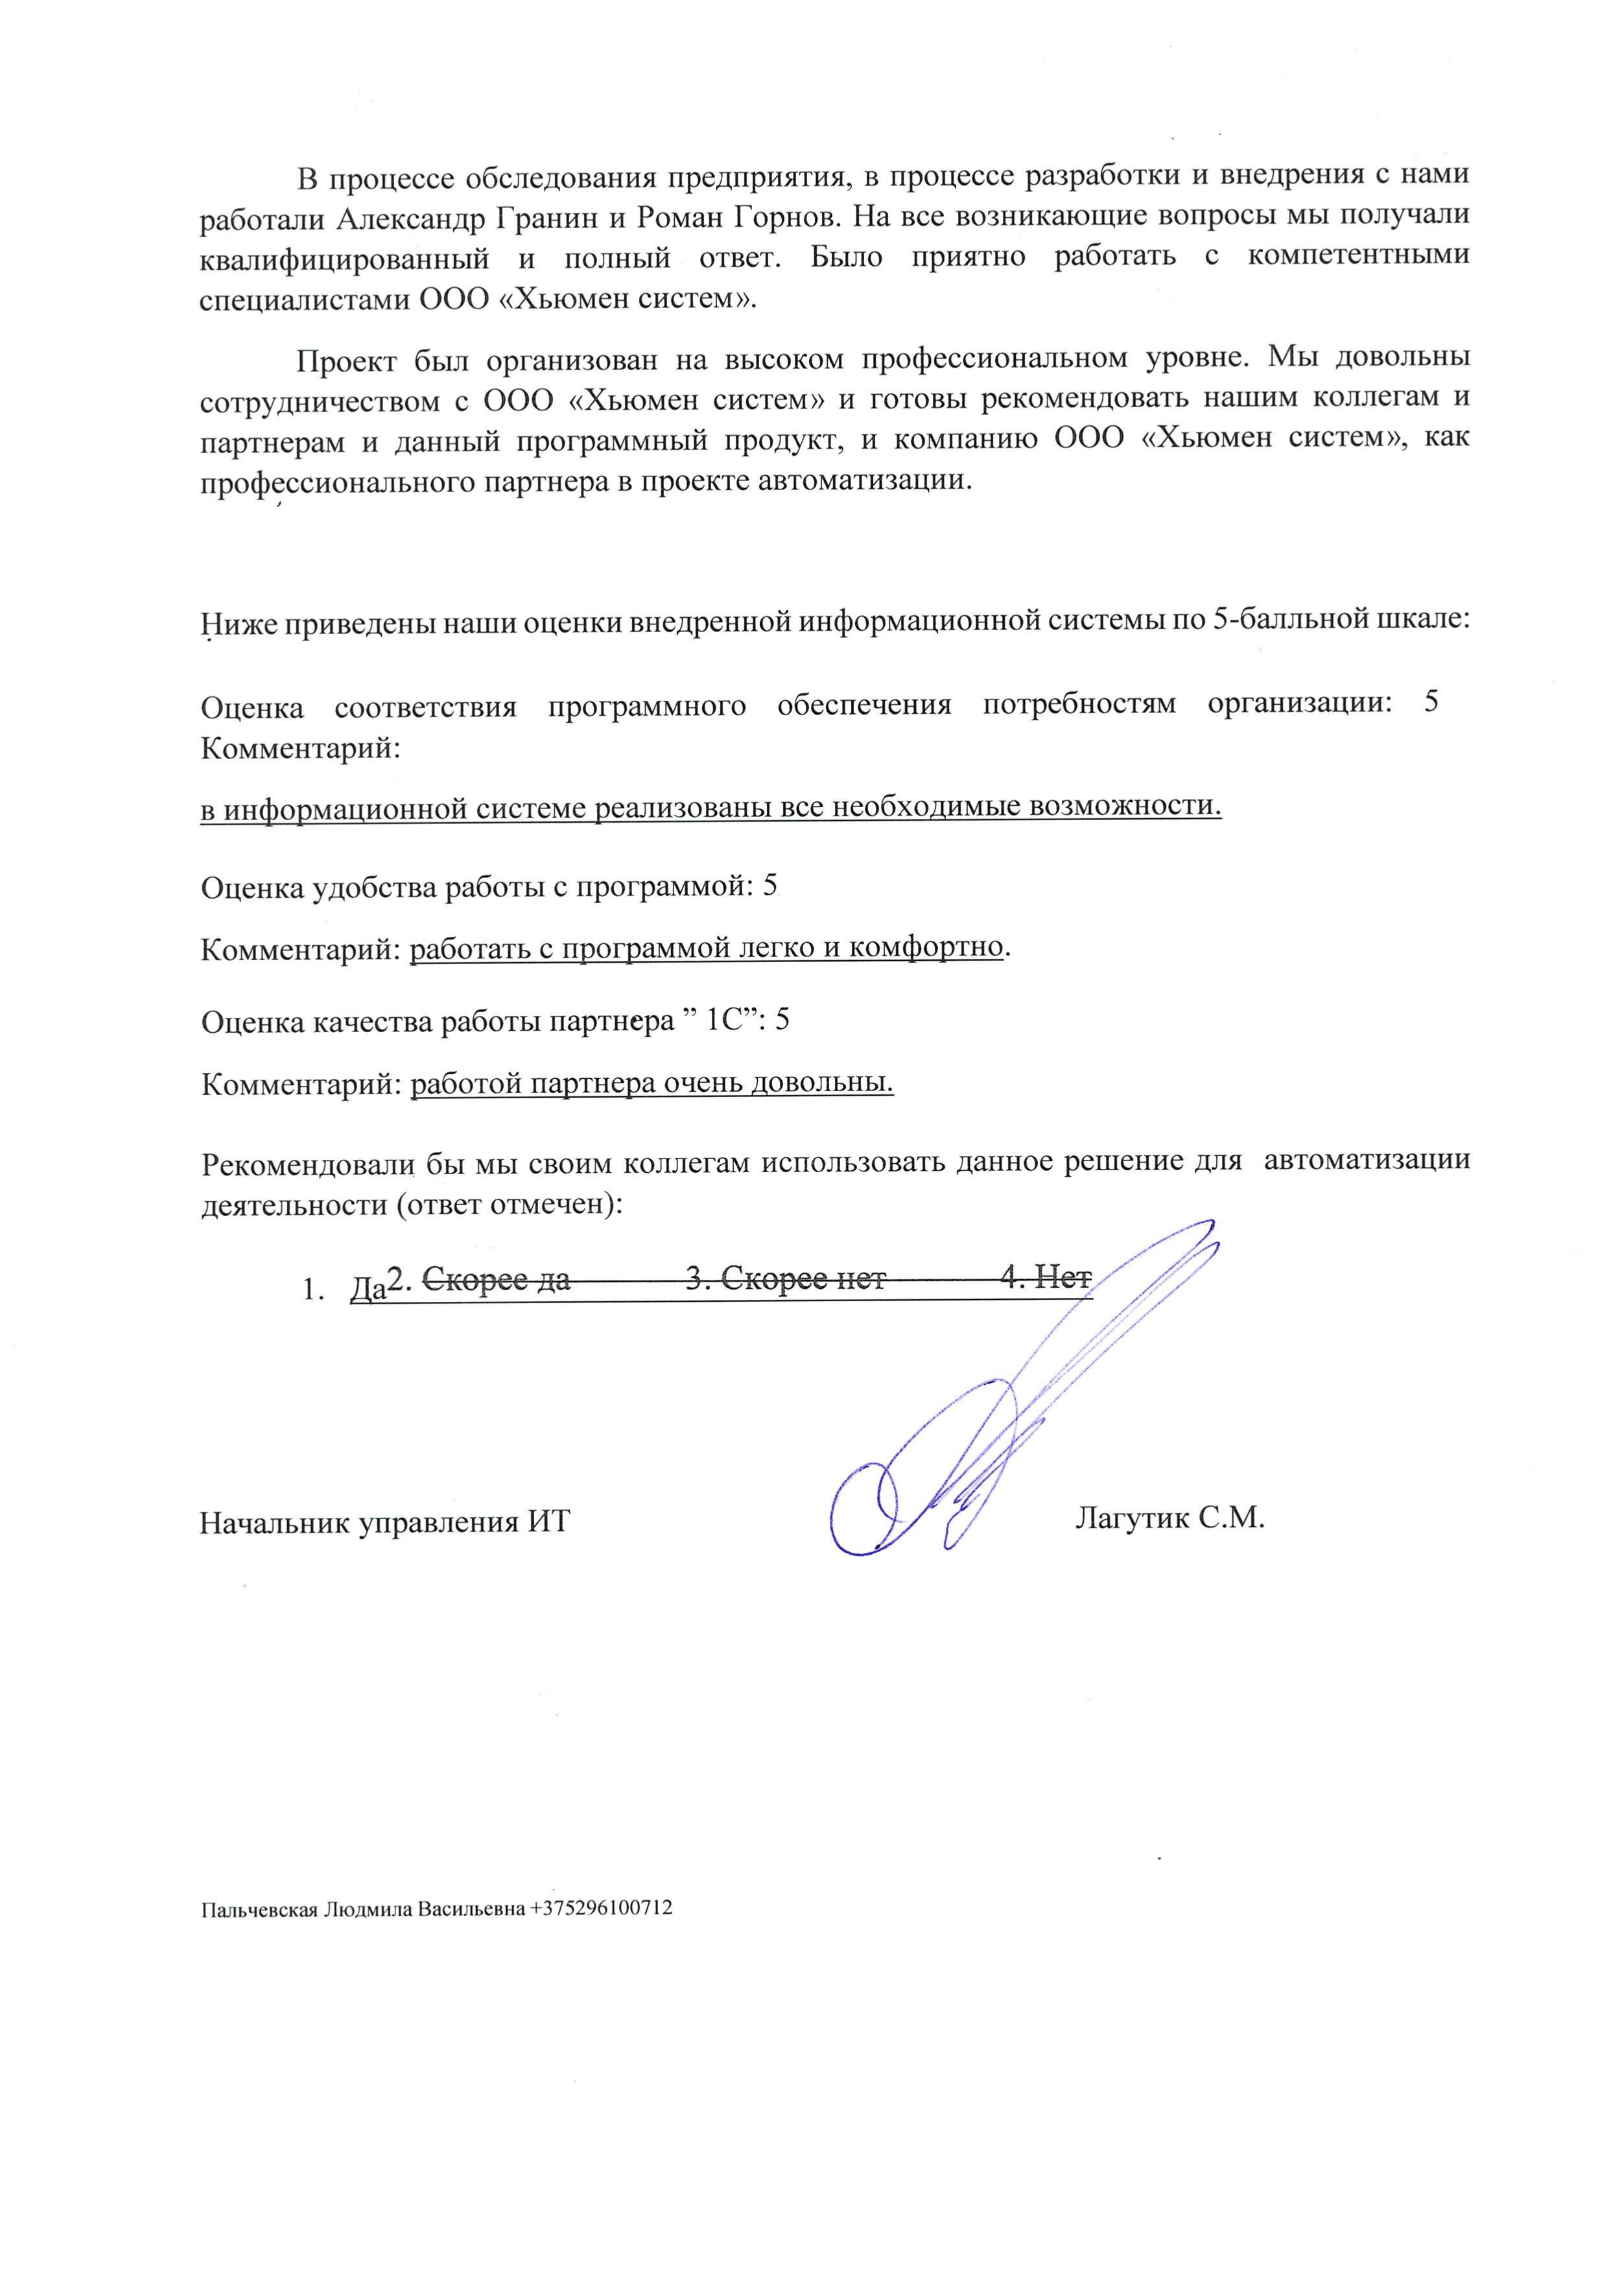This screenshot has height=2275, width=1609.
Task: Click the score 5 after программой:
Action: click(x=771, y=887)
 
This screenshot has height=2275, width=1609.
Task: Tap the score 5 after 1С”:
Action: click(x=782, y=1020)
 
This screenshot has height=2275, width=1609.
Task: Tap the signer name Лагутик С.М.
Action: click(x=1169, y=1518)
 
